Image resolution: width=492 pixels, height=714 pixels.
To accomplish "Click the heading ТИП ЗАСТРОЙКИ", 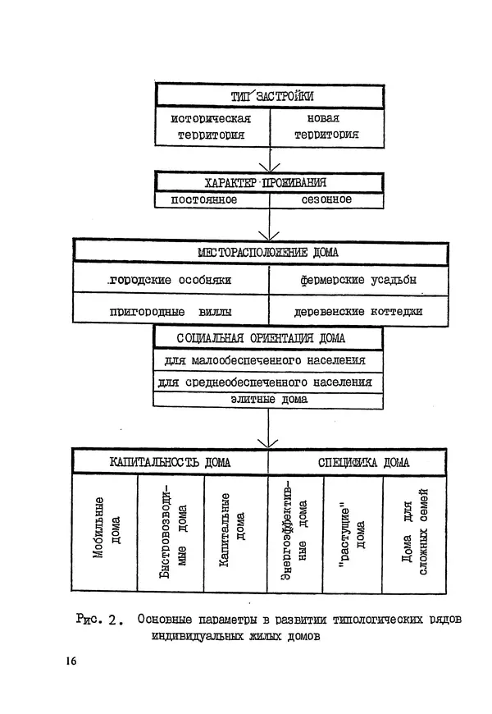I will coord(268,96).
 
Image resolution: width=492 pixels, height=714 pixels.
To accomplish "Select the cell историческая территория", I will coord(210,126).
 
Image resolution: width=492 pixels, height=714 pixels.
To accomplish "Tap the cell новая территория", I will coord(326,126).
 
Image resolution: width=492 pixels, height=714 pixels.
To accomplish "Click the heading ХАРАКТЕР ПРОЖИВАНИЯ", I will coord(268,182).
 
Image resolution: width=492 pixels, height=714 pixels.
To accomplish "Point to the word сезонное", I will coord(326,200).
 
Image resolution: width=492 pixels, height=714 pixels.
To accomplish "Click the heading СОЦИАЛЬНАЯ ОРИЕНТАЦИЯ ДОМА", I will coord(268,338).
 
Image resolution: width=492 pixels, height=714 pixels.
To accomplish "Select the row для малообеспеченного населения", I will coord(268,361).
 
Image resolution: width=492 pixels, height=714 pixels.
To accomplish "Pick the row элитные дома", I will coord(268,400).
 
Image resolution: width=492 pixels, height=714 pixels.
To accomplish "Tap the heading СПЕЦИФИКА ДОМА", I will coord(358,462).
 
